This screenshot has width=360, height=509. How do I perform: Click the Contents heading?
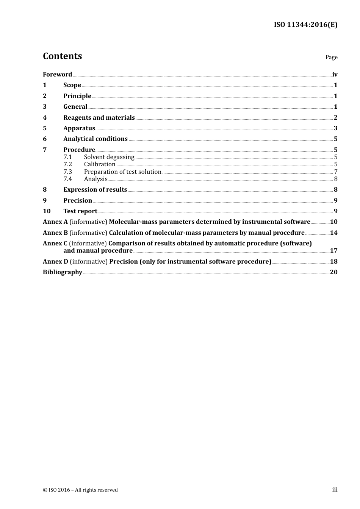click(62, 56)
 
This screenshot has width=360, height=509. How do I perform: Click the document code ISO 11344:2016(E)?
click(305, 25)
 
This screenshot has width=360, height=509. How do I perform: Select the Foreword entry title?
click(57, 74)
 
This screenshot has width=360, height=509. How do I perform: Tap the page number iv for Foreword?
click(335, 74)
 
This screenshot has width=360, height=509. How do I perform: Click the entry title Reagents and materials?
click(99, 117)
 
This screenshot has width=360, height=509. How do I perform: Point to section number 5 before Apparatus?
click(45, 128)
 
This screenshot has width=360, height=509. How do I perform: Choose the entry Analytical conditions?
click(95, 139)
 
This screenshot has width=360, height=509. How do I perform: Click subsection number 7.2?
click(67, 164)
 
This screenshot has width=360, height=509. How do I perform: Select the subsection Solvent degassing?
click(109, 157)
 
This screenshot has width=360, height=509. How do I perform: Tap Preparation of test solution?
click(122, 172)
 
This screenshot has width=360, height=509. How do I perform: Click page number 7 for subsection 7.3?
click(335, 172)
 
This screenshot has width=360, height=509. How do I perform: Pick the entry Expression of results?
click(95, 189)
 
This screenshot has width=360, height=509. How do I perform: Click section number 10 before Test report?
click(47, 211)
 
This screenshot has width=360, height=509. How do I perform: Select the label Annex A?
click(55, 222)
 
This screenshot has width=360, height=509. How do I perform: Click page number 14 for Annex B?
click(333, 233)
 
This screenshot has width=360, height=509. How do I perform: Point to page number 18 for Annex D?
click(333, 261)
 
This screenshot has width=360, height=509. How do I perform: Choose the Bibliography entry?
click(63, 272)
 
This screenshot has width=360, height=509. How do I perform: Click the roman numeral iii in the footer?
click(335, 489)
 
